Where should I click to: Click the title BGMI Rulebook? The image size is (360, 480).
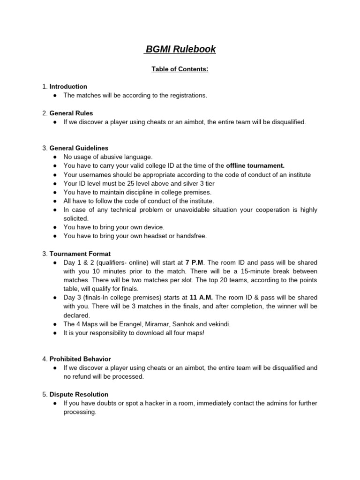pos(180,49)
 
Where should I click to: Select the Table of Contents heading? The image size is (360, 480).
pos(180,69)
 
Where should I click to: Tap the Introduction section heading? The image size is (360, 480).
pos(68,86)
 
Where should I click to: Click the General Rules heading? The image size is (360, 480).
pos(71,113)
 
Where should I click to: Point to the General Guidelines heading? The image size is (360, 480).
pos(79,148)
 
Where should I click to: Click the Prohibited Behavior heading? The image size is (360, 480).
pos(80,359)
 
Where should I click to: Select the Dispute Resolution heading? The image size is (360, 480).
pos(79,394)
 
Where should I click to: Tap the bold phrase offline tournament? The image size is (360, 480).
pos(255,166)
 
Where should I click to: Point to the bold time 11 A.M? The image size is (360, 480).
pos(201,298)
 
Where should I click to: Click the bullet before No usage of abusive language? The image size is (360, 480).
pos(55,157)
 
